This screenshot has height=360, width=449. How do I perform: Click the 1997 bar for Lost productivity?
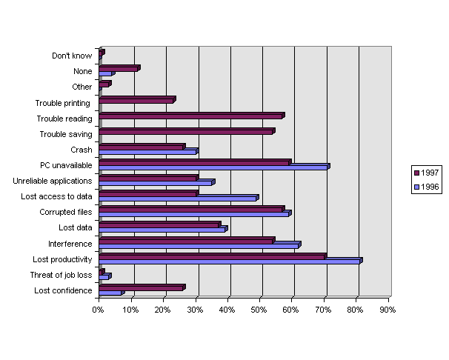pyautogui.click(x=212, y=256)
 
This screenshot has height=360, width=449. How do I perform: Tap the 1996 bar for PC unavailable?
pyautogui.click(x=213, y=167)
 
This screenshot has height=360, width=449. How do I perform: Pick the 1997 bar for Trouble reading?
pyautogui.click(x=191, y=116)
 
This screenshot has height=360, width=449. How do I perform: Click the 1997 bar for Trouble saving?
pyautogui.click(x=186, y=131)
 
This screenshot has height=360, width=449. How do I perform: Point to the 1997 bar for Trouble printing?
pyautogui.click(x=136, y=99)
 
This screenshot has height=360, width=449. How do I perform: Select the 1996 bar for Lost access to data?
pyautogui.click(x=178, y=199)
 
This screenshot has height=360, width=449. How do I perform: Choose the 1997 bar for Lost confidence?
pyautogui.click(x=141, y=287)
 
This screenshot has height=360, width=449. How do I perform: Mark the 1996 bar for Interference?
pyautogui.click(x=199, y=244)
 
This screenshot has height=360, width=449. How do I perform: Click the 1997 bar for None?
pyautogui.click(x=119, y=68)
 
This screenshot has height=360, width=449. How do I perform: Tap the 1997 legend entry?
pyautogui.click(x=427, y=172)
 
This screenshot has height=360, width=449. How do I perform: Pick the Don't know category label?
pyautogui.click(x=72, y=56)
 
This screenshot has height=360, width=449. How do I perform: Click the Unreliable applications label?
pyautogui.click(x=53, y=181)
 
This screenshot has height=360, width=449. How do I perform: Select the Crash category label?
pyautogui.click(x=82, y=150)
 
